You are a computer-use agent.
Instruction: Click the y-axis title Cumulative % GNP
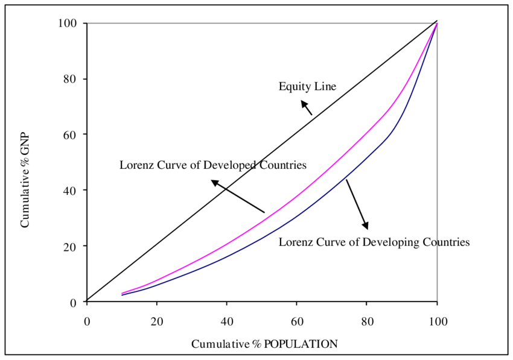(x=25, y=181)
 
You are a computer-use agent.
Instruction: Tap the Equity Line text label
(x=307, y=87)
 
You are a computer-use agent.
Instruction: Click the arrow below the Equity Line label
(x=307, y=107)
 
